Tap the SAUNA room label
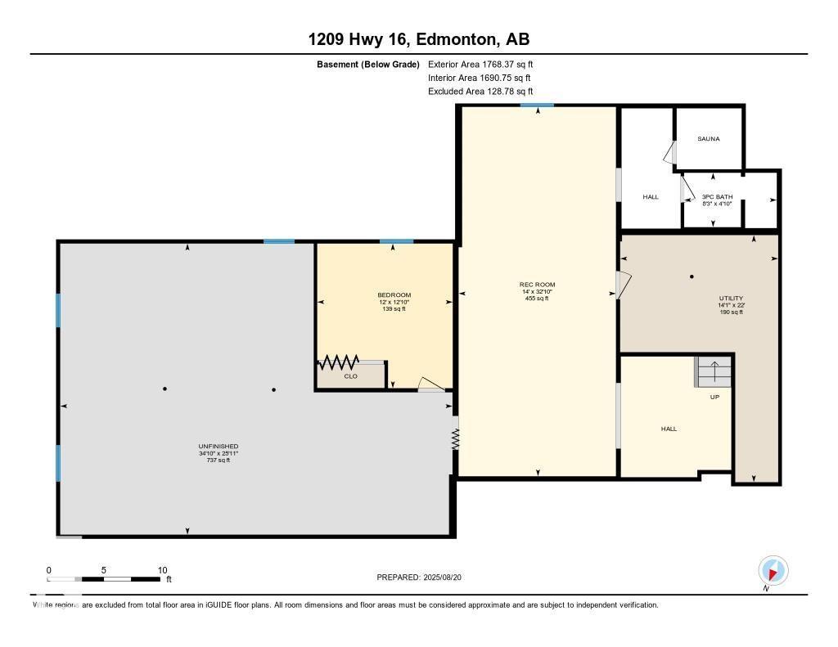[709, 139]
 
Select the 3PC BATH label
[718, 196]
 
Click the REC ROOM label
[537, 285]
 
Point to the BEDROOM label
[394, 294]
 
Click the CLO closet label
[350, 376]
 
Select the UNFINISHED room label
[218, 446]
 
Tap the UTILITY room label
[731, 298]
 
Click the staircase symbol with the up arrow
[711, 372]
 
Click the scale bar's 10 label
[162, 570]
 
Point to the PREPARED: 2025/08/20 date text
[425, 577]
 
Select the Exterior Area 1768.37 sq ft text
[480, 64]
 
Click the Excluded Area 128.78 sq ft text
[480, 92]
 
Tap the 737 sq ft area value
[218, 461]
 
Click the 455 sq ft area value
[537, 299]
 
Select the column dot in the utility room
[692, 276]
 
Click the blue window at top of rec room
[537, 105]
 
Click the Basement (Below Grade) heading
[368, 64]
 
